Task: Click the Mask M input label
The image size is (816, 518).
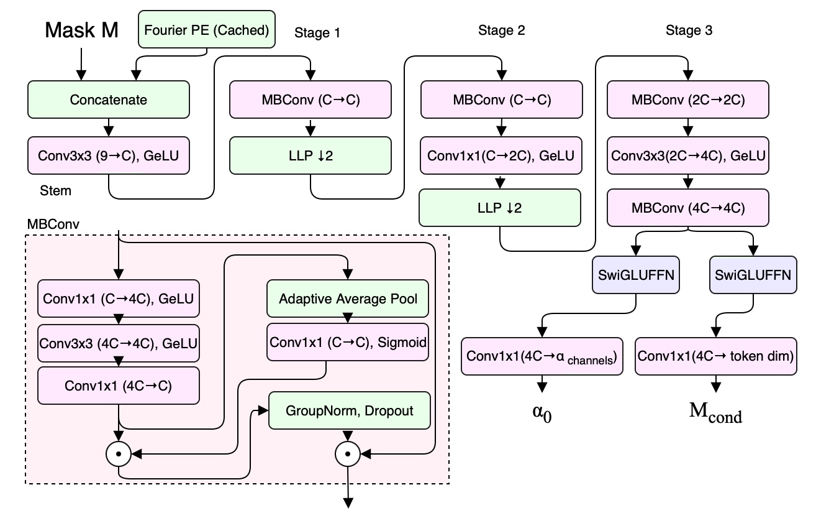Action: (x=81, y=30)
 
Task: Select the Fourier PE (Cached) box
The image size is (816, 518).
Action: (x=206, y=30)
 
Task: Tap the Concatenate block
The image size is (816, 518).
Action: (x=108, y=100)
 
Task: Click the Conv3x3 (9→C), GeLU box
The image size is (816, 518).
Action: (x=108, y=155)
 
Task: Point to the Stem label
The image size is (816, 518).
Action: (x=55, y=190)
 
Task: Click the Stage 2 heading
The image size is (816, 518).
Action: (x=501, y=30)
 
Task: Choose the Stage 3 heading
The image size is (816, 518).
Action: (x=689, y=30)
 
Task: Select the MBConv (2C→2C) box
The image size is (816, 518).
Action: (x=688, y=100)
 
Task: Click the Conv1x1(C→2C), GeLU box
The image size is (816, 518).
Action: (x=501, y=155)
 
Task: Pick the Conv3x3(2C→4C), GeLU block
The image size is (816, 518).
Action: (x=688, y=155)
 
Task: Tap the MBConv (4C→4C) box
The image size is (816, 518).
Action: (x=688, y=207)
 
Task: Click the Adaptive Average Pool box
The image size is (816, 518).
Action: (x=348, y=298)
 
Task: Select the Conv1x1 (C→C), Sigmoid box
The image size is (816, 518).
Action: (x=348, y=342)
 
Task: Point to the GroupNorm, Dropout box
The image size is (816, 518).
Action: (x=349, y=410)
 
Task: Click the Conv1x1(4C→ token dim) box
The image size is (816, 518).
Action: (x=716, y=356)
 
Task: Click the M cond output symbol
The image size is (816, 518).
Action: (x=715, y=414)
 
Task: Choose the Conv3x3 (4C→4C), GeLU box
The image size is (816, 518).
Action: (x=119, y=342)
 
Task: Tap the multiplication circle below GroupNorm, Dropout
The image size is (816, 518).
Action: (x=348, y=455)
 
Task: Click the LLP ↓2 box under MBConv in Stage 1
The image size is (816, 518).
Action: (x=311, y=155)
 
